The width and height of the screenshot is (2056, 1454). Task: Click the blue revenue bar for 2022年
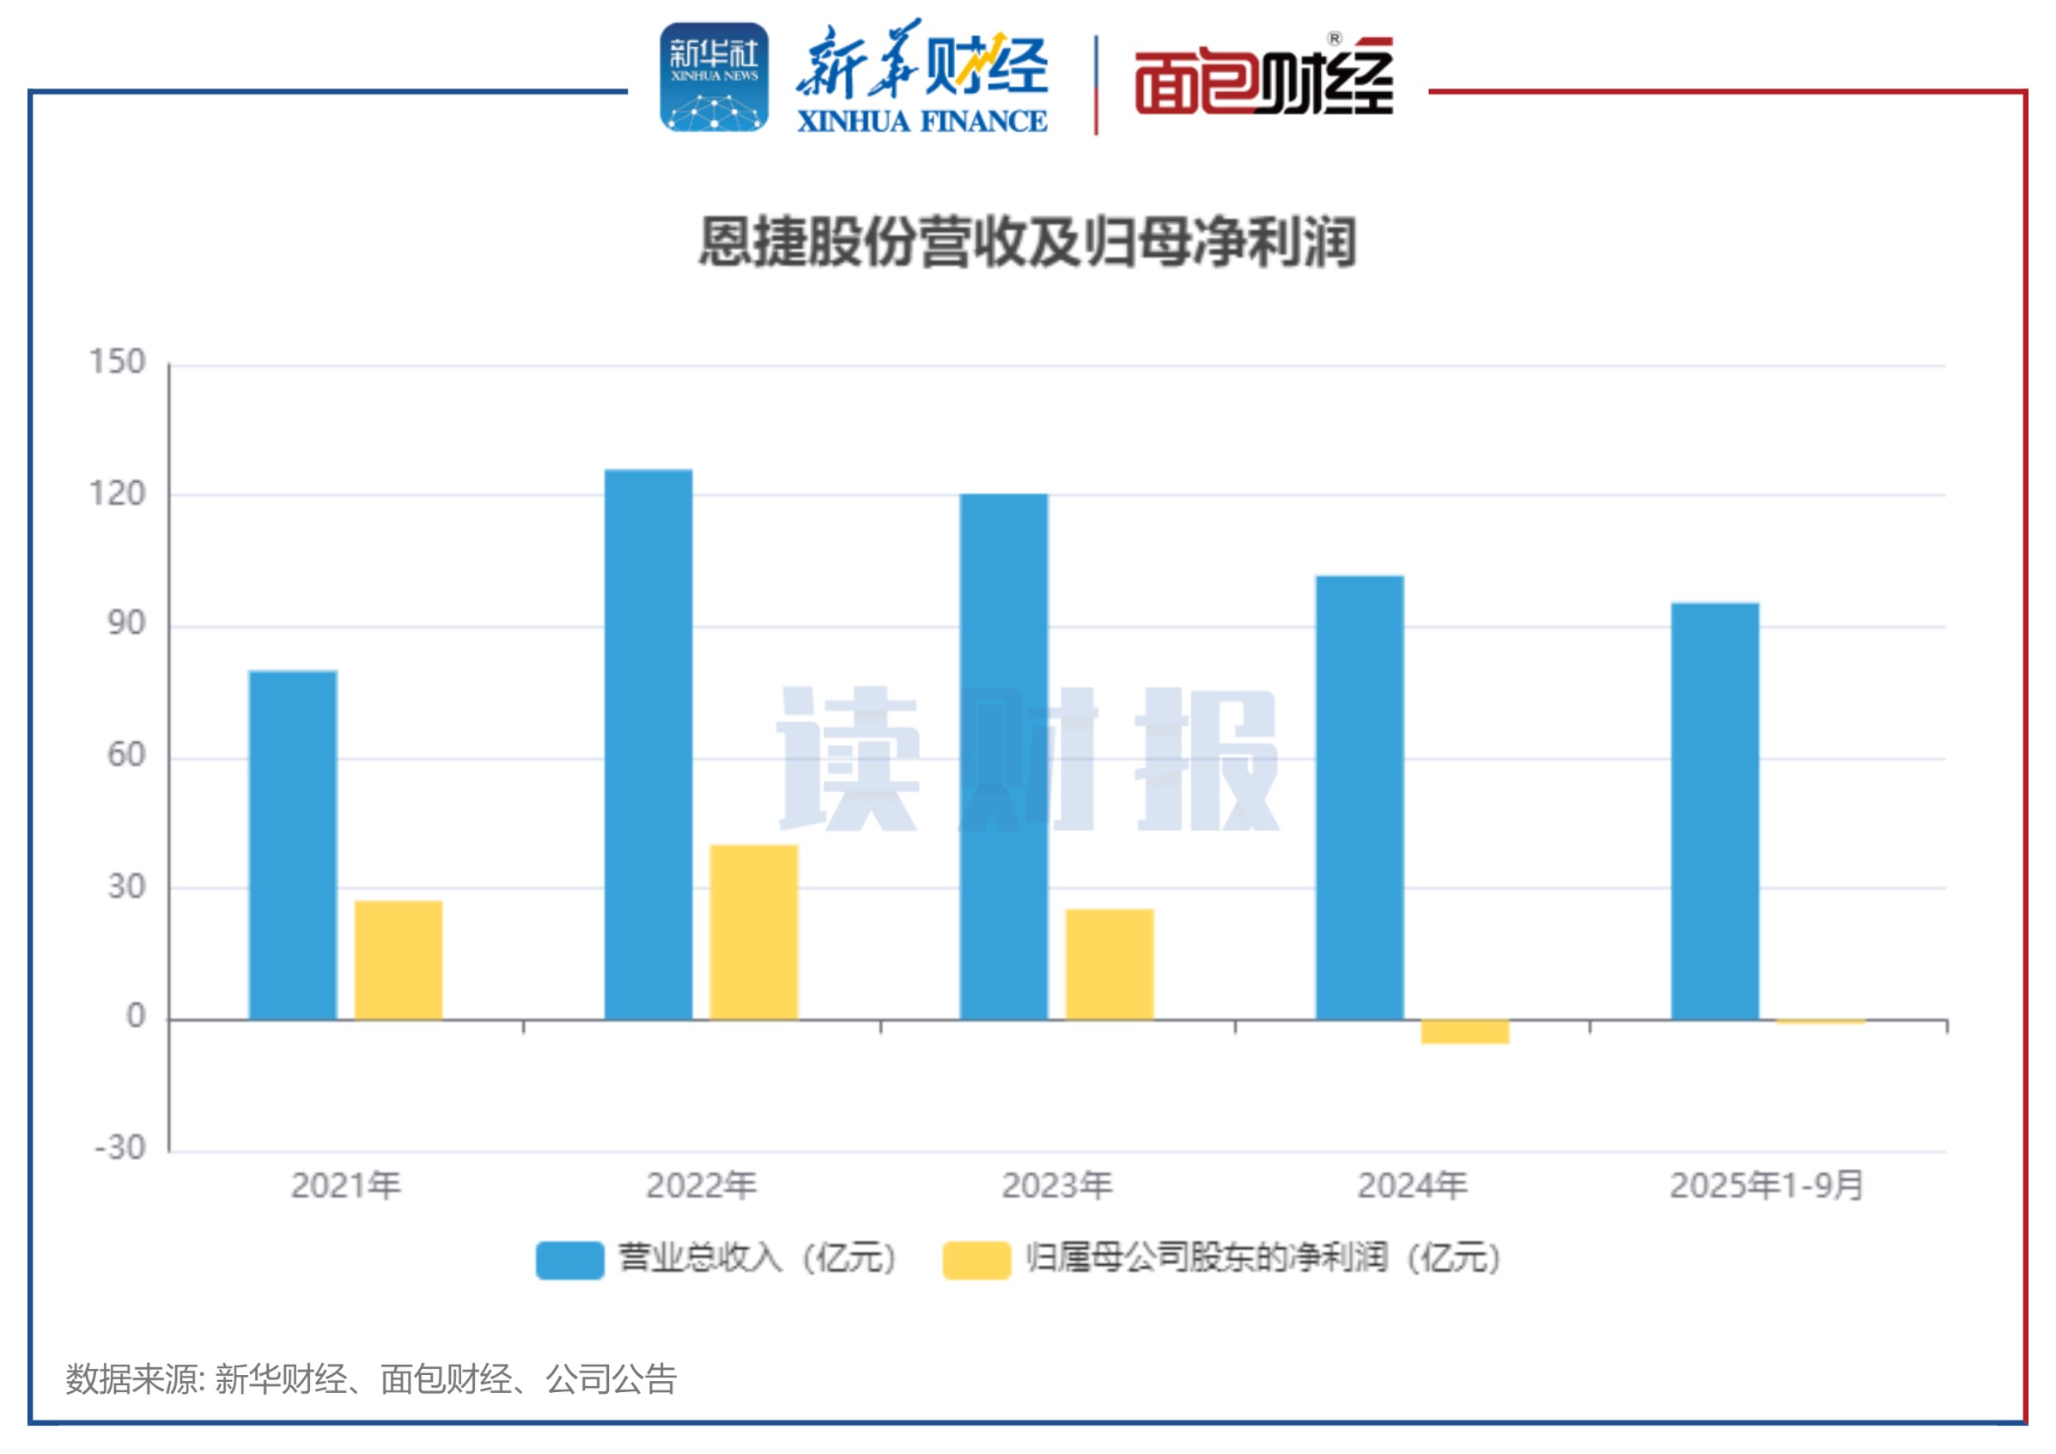(x=648, y=744)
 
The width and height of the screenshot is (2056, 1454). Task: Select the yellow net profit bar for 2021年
(x=398, y=960)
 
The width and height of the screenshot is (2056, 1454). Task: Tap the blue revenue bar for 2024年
(x=1360, y=797)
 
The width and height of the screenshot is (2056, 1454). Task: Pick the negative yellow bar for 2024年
(x=1465, y=1031)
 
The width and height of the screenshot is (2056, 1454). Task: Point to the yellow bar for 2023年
(x=1110, y=964)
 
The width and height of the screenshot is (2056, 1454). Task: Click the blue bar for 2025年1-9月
(x=1715, y=811)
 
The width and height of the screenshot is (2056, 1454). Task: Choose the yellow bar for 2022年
(x=754, y=932)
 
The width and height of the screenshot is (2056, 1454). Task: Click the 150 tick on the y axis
(x=118, y=362)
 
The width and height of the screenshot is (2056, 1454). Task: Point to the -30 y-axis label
(x=121, y=1147)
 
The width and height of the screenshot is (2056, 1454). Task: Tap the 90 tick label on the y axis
(x=126, y=624)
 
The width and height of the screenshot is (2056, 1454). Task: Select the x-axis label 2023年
(x=1056, y=1186)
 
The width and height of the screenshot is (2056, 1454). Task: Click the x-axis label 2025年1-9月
(x=1766, y=1186)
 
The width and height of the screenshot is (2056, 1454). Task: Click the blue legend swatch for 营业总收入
(x=569, y=1260)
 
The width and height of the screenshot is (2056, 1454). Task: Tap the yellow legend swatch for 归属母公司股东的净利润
(x=976, y=1260)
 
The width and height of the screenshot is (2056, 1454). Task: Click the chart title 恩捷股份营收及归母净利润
(x=1028, y=243)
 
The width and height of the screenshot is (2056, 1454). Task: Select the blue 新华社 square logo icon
(x=714, y=78)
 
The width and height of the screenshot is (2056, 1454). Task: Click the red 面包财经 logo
(x=1263, y=79)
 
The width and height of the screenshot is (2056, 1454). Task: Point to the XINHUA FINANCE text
(x=922, y=122)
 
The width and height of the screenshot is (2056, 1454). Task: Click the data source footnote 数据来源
(x=371, y=1379)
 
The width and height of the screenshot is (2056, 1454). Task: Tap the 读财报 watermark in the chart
(x=1028, y=759)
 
